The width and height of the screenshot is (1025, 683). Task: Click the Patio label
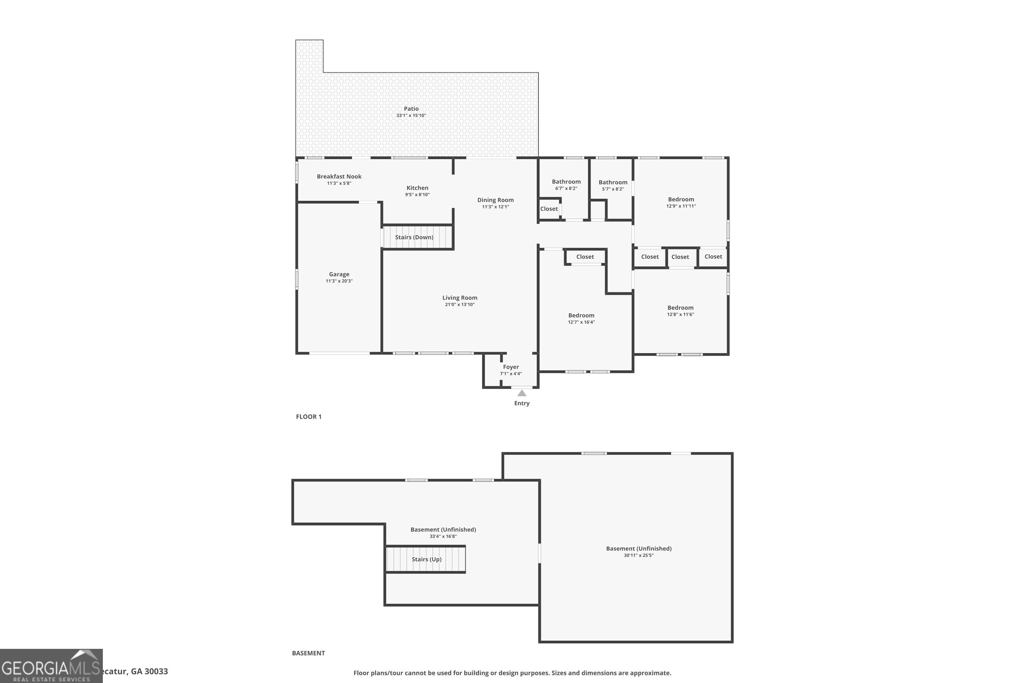point(411,109)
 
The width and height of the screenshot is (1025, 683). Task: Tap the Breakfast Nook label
point(339,177)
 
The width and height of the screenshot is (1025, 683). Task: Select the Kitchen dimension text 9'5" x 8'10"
point(417,195)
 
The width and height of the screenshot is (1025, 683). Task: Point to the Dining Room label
point(495,200)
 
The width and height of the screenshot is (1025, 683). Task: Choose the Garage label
point(339,274)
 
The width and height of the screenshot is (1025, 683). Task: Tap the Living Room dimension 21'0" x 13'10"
point(460,305)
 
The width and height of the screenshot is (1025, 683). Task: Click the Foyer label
point(511,367)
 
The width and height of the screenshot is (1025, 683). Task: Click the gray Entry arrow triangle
point(522,393)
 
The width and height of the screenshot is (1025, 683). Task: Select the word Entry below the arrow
point(522,403)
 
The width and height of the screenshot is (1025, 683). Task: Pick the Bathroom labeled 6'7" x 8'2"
point(566,182)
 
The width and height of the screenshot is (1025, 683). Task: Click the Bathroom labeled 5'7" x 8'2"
point(613,182)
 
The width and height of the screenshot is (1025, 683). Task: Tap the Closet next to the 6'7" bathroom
point(549,209)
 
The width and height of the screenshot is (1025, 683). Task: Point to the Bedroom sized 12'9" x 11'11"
point(681,199)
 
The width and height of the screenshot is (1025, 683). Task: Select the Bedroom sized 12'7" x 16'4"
point(581,315)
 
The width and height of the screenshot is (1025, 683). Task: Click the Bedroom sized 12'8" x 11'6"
point(680,308)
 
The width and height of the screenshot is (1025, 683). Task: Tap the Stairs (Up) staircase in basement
point(426,559)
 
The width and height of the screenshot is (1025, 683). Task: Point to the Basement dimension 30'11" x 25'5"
point(639,555)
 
